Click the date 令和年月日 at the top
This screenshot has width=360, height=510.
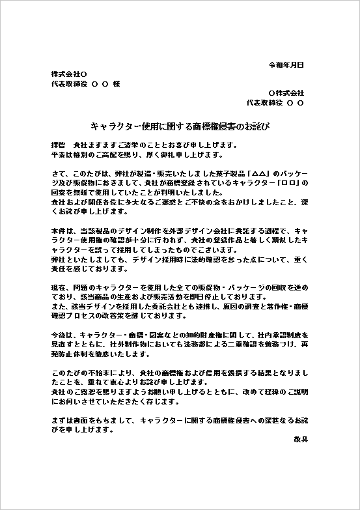point(286,65)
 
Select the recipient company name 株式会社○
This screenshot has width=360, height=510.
point(68,74)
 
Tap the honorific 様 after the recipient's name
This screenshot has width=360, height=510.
point(117,84)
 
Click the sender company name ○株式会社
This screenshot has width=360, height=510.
point(286,93)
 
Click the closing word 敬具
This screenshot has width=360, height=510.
point(300,440)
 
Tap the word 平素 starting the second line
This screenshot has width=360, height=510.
point(58,155)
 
